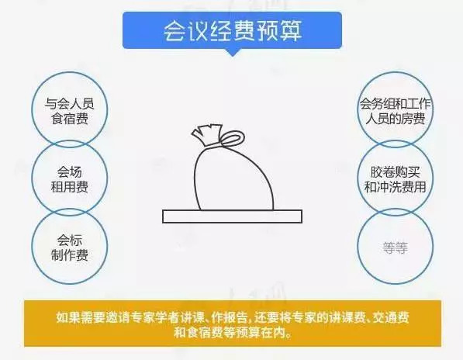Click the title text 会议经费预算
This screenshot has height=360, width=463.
[233, 30]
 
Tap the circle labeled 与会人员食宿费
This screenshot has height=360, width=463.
[32, 110]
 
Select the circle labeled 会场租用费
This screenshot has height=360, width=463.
[32, 178]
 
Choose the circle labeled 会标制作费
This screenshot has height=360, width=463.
[32, 246]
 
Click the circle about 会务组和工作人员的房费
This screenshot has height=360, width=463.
[358, 110]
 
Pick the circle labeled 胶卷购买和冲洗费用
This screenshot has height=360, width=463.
[358, 178]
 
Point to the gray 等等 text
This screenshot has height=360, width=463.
[396, 247]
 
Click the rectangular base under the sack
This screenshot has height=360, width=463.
[233, 216]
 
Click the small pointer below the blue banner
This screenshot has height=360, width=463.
[233, 52]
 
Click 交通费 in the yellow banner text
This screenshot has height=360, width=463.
[391, 317]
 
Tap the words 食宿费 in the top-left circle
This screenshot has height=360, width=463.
[70, 119]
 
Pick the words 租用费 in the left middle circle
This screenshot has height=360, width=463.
[70, 187]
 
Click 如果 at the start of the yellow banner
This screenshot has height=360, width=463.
[68, 317]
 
